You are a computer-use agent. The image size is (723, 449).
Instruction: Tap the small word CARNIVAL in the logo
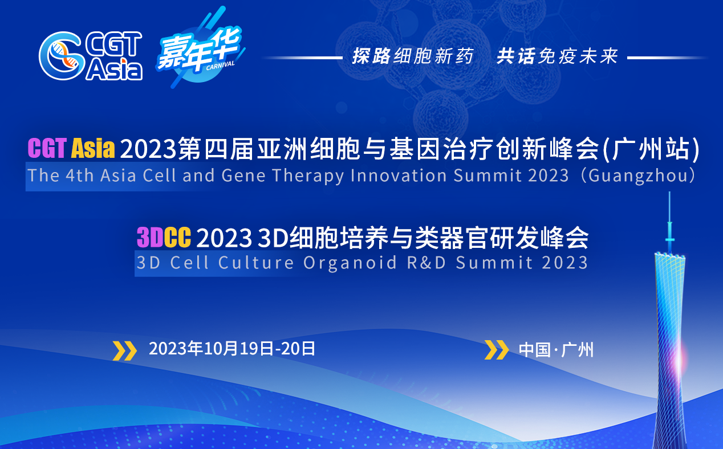pos(220,66)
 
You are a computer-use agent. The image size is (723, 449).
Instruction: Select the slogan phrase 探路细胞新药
pos(413,56)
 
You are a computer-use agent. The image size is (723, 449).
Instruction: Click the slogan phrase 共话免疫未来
pos(557,56)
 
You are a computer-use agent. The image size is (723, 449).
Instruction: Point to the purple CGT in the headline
pos(47,148)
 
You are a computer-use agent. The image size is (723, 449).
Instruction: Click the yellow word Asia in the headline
pos(93,148)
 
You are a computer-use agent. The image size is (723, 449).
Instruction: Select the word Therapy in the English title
pos(308,176)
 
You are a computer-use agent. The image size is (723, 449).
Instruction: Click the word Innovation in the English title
pos(399,175)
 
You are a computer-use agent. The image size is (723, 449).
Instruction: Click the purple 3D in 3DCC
pos(150,237)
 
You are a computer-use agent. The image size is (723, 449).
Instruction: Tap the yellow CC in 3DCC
pos(177,237)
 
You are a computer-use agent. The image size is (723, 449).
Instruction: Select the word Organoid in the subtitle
pos(350,263)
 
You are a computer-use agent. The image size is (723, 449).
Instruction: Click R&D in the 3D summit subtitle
pos(427,263)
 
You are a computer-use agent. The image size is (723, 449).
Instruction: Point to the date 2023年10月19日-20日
pos(231,349)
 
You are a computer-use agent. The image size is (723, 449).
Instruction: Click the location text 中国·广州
pos(556,350)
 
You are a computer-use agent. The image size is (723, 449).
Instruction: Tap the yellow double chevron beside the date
pos(125,350)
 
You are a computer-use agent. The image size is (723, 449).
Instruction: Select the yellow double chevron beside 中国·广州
pos(497,350)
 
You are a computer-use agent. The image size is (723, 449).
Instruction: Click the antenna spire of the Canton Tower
pos(669,223)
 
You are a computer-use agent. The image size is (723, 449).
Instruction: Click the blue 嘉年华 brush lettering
pos(199,48)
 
